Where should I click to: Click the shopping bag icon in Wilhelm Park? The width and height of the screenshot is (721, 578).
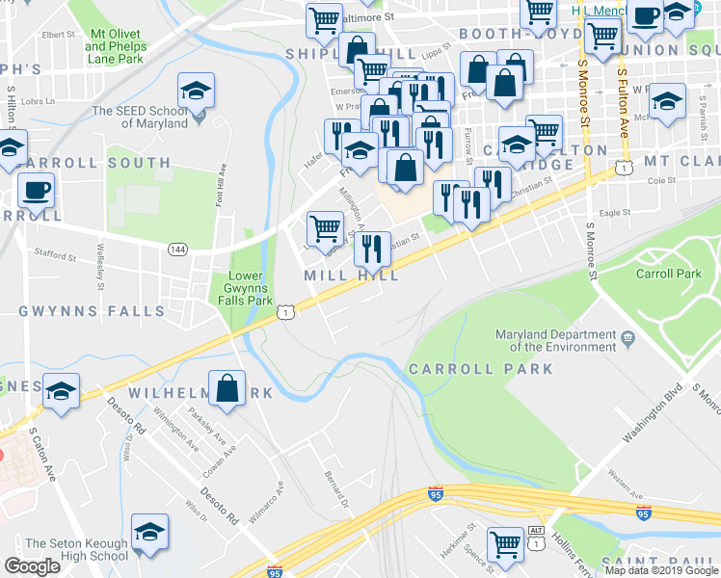pyautogui.click(x=227, y=388)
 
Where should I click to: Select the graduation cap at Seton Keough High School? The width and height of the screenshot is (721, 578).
pyautogui.click(x=149, y=532)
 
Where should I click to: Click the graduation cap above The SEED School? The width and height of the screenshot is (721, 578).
pyautogui.click(x=196, y=92)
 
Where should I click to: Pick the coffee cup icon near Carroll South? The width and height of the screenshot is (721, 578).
pyautogui.click(x=36, y=190)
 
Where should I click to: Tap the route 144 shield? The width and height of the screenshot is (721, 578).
pyautogui.click(x=176, y=249)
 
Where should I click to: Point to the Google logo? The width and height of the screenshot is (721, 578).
pyautogui.click(x=32, y=566)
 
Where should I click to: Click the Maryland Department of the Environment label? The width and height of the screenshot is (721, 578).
pyautogui.click(x=556, y=340)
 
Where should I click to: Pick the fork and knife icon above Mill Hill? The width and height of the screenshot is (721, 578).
pyautogui.click(x=372, y=250)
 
